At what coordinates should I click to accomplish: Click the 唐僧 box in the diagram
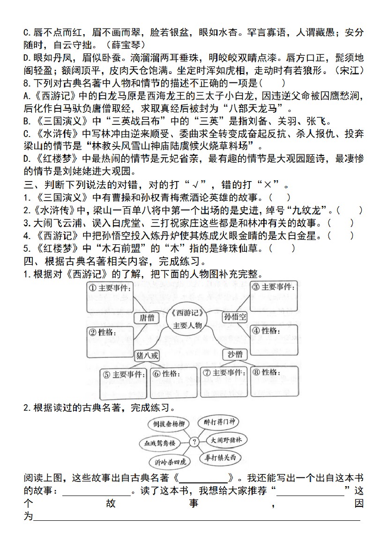pos(147,318)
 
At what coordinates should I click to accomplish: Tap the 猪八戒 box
pos(147,356)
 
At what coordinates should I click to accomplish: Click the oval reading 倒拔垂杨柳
pos(165,424)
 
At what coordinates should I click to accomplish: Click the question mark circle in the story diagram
pos(193,441)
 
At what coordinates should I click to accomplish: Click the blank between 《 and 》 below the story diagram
pos(203,478)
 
